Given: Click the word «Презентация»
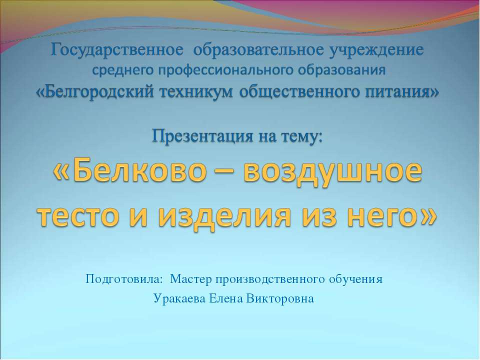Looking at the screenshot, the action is click(x=203, y=136).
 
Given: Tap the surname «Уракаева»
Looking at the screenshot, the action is click(x=179, y=298).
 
